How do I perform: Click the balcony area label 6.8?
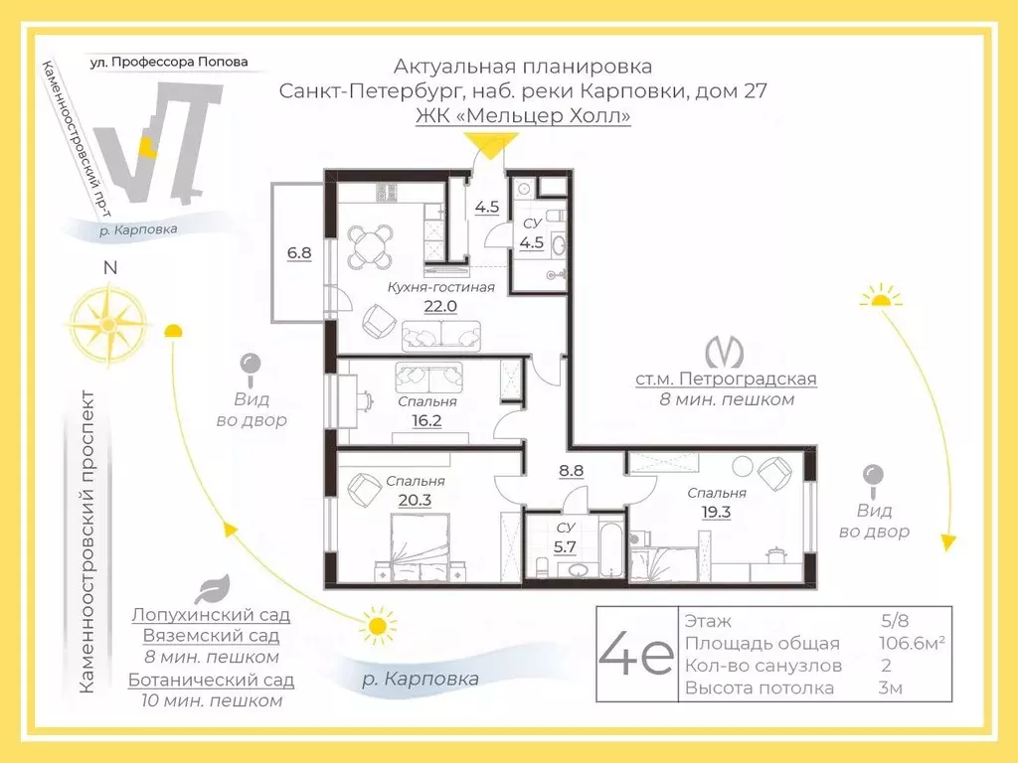click(x=298, y=253)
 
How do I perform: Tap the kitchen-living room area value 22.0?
click(x=440, y=306)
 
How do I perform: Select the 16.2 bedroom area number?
click(x=426, y=421)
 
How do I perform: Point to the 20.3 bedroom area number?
click(x=415, y=501)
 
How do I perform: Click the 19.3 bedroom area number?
click(x=716, y=512)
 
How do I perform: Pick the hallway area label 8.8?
click(x=572, y=470)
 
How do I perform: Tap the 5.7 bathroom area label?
click(x=565, y=547)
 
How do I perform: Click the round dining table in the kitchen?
click(x=370, y=246)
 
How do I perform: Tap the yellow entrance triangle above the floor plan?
click(x=490, y=145)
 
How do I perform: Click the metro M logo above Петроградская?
click(x=725, y=352)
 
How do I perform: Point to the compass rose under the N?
click(x=108, y=323)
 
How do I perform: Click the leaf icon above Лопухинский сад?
click(x=213, y=588)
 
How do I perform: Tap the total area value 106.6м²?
click(x=912, y=643)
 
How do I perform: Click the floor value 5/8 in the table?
click(x=895, y=621)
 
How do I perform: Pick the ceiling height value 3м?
click(x=890, y=687)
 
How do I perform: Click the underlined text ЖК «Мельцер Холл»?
click(x=523, y=115)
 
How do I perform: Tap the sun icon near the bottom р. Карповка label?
click(x=377, y=626)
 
